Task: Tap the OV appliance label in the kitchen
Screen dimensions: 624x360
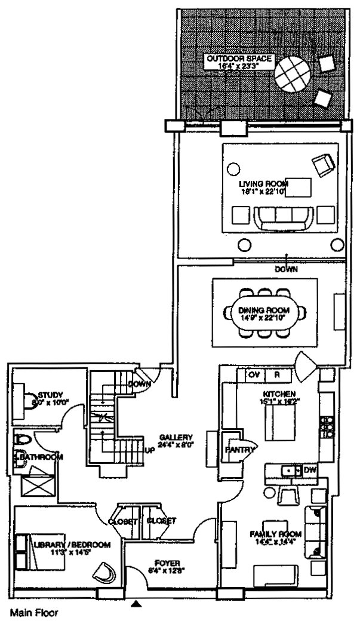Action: coord(253,375)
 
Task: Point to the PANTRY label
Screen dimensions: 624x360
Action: coord(239,450)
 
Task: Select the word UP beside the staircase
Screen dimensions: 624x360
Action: coord(149,450)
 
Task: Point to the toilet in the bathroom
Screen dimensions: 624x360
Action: coord(23,442)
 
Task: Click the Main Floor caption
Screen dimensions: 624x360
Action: coord(34,613)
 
